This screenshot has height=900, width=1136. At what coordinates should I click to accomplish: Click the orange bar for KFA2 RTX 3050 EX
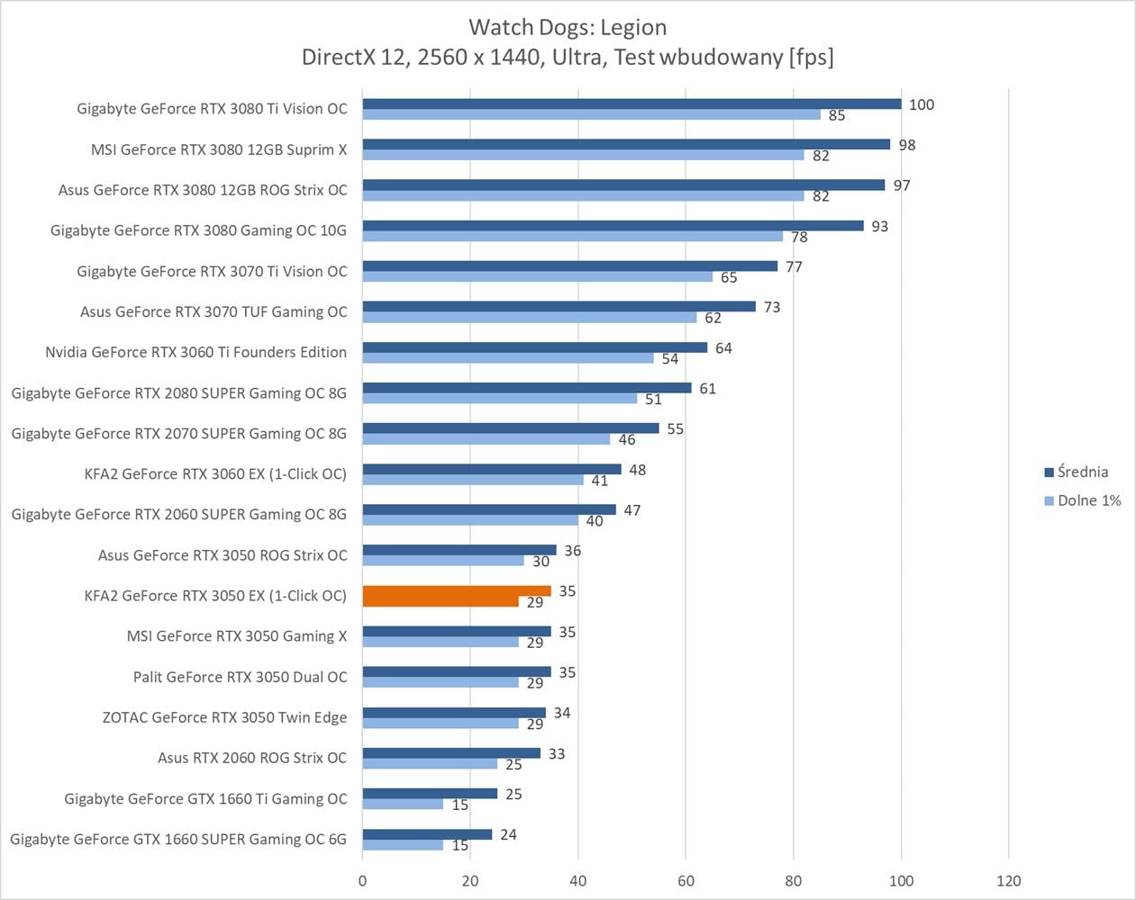point(456,591)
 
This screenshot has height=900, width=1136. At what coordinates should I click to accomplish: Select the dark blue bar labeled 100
point(631,104)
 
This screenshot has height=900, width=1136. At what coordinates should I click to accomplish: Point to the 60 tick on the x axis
point(686,880)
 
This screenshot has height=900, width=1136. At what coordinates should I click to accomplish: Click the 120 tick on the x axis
point(1008,880)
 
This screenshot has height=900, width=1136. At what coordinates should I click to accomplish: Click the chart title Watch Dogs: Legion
point(568,27)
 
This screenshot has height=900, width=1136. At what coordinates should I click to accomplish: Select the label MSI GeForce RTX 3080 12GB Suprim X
point(219,149)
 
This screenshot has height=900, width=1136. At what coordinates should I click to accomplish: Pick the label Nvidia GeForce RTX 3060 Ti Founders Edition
point(195,352)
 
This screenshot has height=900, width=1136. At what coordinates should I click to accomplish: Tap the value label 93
point(879,226)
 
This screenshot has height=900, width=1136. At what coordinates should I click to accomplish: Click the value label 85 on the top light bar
point(837,115)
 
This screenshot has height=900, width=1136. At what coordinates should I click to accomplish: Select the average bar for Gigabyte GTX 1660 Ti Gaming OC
point(430,794)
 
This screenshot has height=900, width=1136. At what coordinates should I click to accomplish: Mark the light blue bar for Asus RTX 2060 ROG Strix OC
point(430,764)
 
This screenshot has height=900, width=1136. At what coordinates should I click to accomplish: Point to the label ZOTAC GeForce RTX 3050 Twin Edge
point(224,717)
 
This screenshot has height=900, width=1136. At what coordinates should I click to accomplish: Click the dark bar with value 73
point(559,307)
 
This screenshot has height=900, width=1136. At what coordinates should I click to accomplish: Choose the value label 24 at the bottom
point(508,834)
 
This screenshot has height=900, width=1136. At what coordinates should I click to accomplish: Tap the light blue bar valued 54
point(508,358)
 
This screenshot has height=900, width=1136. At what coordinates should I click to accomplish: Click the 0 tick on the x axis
point(363,880)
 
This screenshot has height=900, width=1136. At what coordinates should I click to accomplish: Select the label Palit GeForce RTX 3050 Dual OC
point(240,677)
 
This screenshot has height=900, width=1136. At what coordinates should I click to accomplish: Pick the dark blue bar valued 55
point(511,428)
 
